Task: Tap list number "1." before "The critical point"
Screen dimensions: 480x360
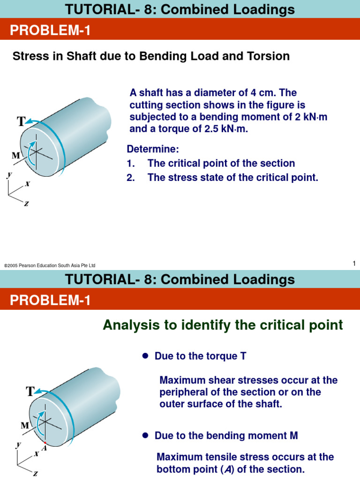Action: (x=131, y=164)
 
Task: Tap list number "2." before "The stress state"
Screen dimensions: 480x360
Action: (x=131, y=178)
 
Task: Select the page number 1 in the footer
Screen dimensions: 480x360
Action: (x=354, y=264)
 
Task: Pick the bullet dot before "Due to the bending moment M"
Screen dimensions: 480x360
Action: (x=145, y=436)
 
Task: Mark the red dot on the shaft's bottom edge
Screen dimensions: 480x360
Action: (x=45, y=442)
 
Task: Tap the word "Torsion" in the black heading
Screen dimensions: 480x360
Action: (x=268, y=57)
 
